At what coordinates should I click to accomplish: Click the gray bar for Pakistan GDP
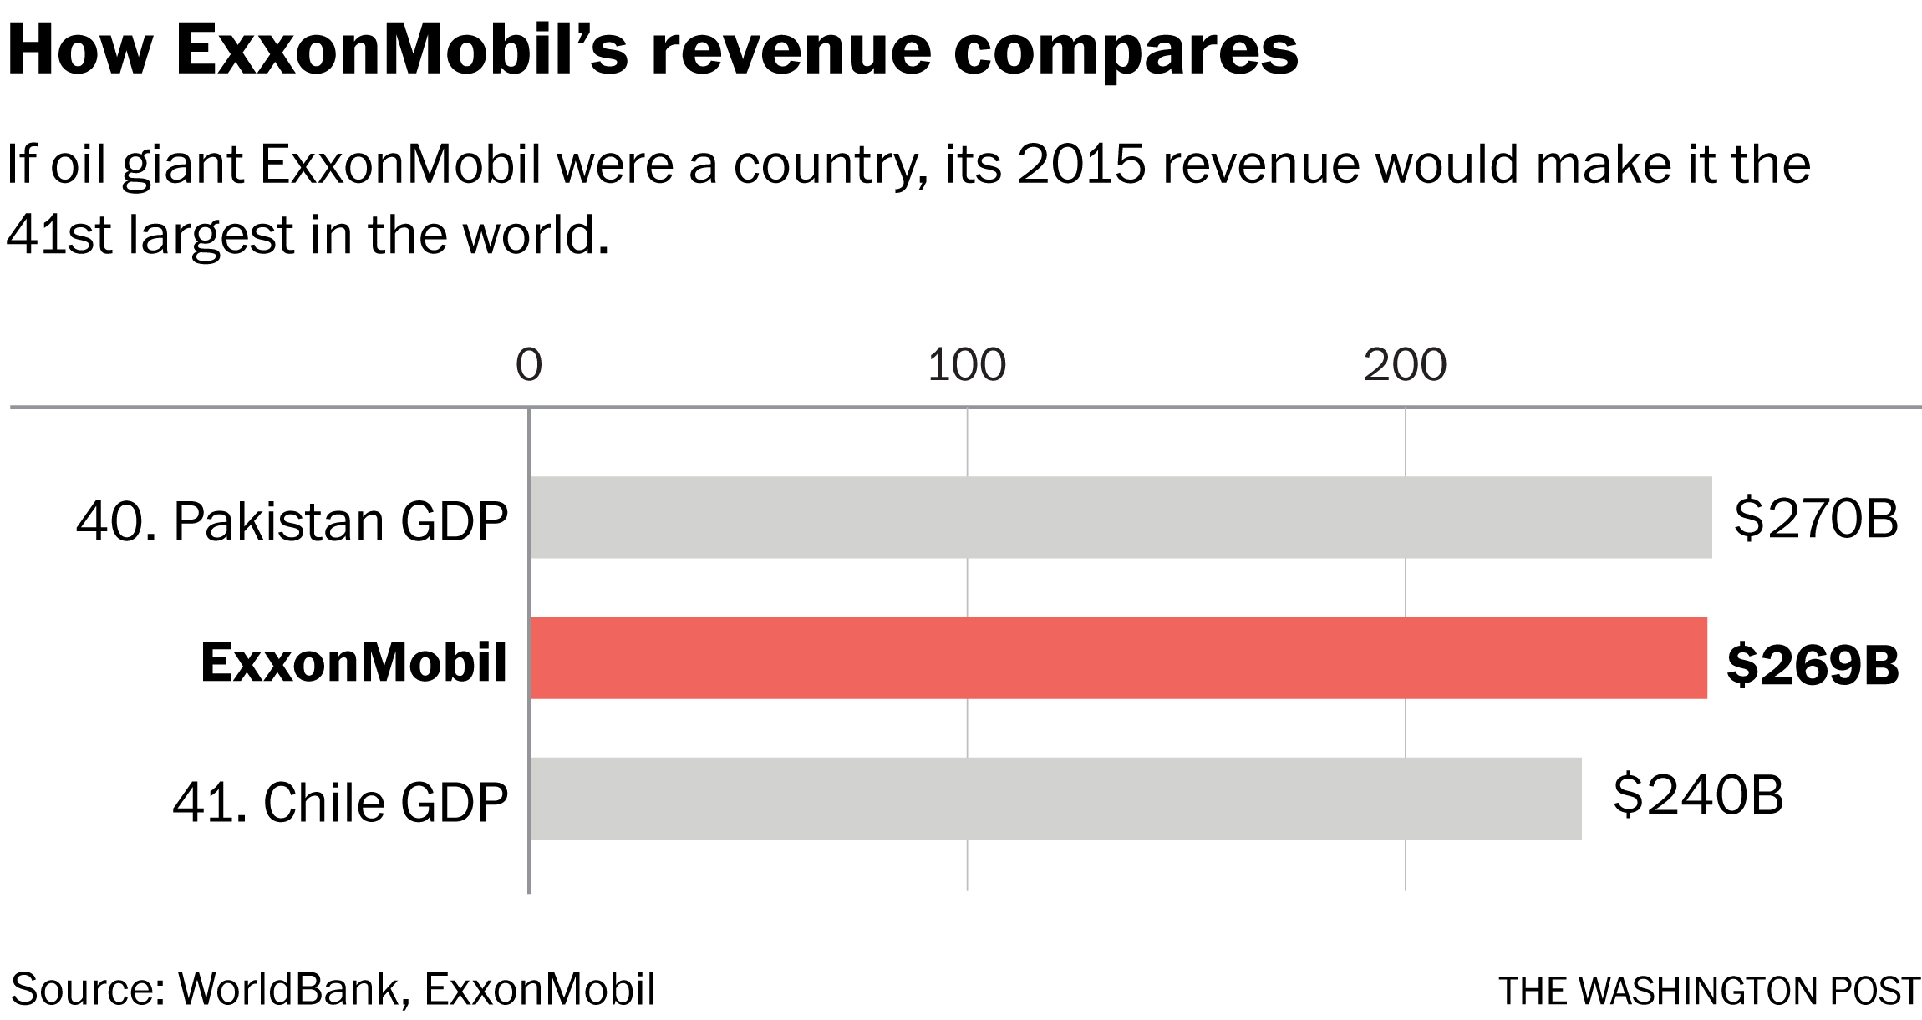click(1120, 517)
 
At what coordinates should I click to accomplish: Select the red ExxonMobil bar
click(1118, 657)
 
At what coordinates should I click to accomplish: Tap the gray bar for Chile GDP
click(1055, 798)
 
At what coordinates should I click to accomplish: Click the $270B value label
click(1816, 519)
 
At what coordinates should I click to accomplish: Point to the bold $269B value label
click(1813, 665)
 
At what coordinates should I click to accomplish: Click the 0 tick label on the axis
click(529, 365)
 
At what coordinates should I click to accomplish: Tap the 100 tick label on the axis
click(967, 365)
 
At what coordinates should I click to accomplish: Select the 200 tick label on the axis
click(1405, 365)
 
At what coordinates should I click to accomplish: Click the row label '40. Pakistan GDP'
click(292, 521)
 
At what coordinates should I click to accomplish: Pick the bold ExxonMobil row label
click(353, 662)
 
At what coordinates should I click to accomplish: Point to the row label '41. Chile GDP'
click(340, 802)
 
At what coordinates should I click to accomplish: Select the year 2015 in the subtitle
click(1081, 164)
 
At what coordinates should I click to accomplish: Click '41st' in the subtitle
click(58, 235)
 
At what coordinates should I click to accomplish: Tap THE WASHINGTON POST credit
click(1709, 992)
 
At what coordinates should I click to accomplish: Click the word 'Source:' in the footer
click(88, 990)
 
